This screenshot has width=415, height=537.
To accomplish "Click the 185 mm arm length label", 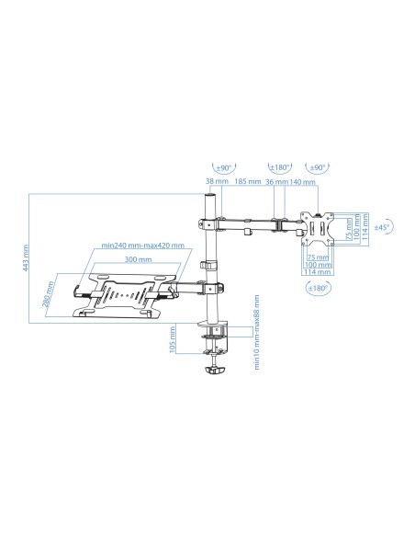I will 245,182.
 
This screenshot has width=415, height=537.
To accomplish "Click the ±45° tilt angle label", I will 384,225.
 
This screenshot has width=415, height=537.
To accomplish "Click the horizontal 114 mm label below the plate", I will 315,272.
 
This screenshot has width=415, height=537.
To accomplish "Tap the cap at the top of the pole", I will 212,197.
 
